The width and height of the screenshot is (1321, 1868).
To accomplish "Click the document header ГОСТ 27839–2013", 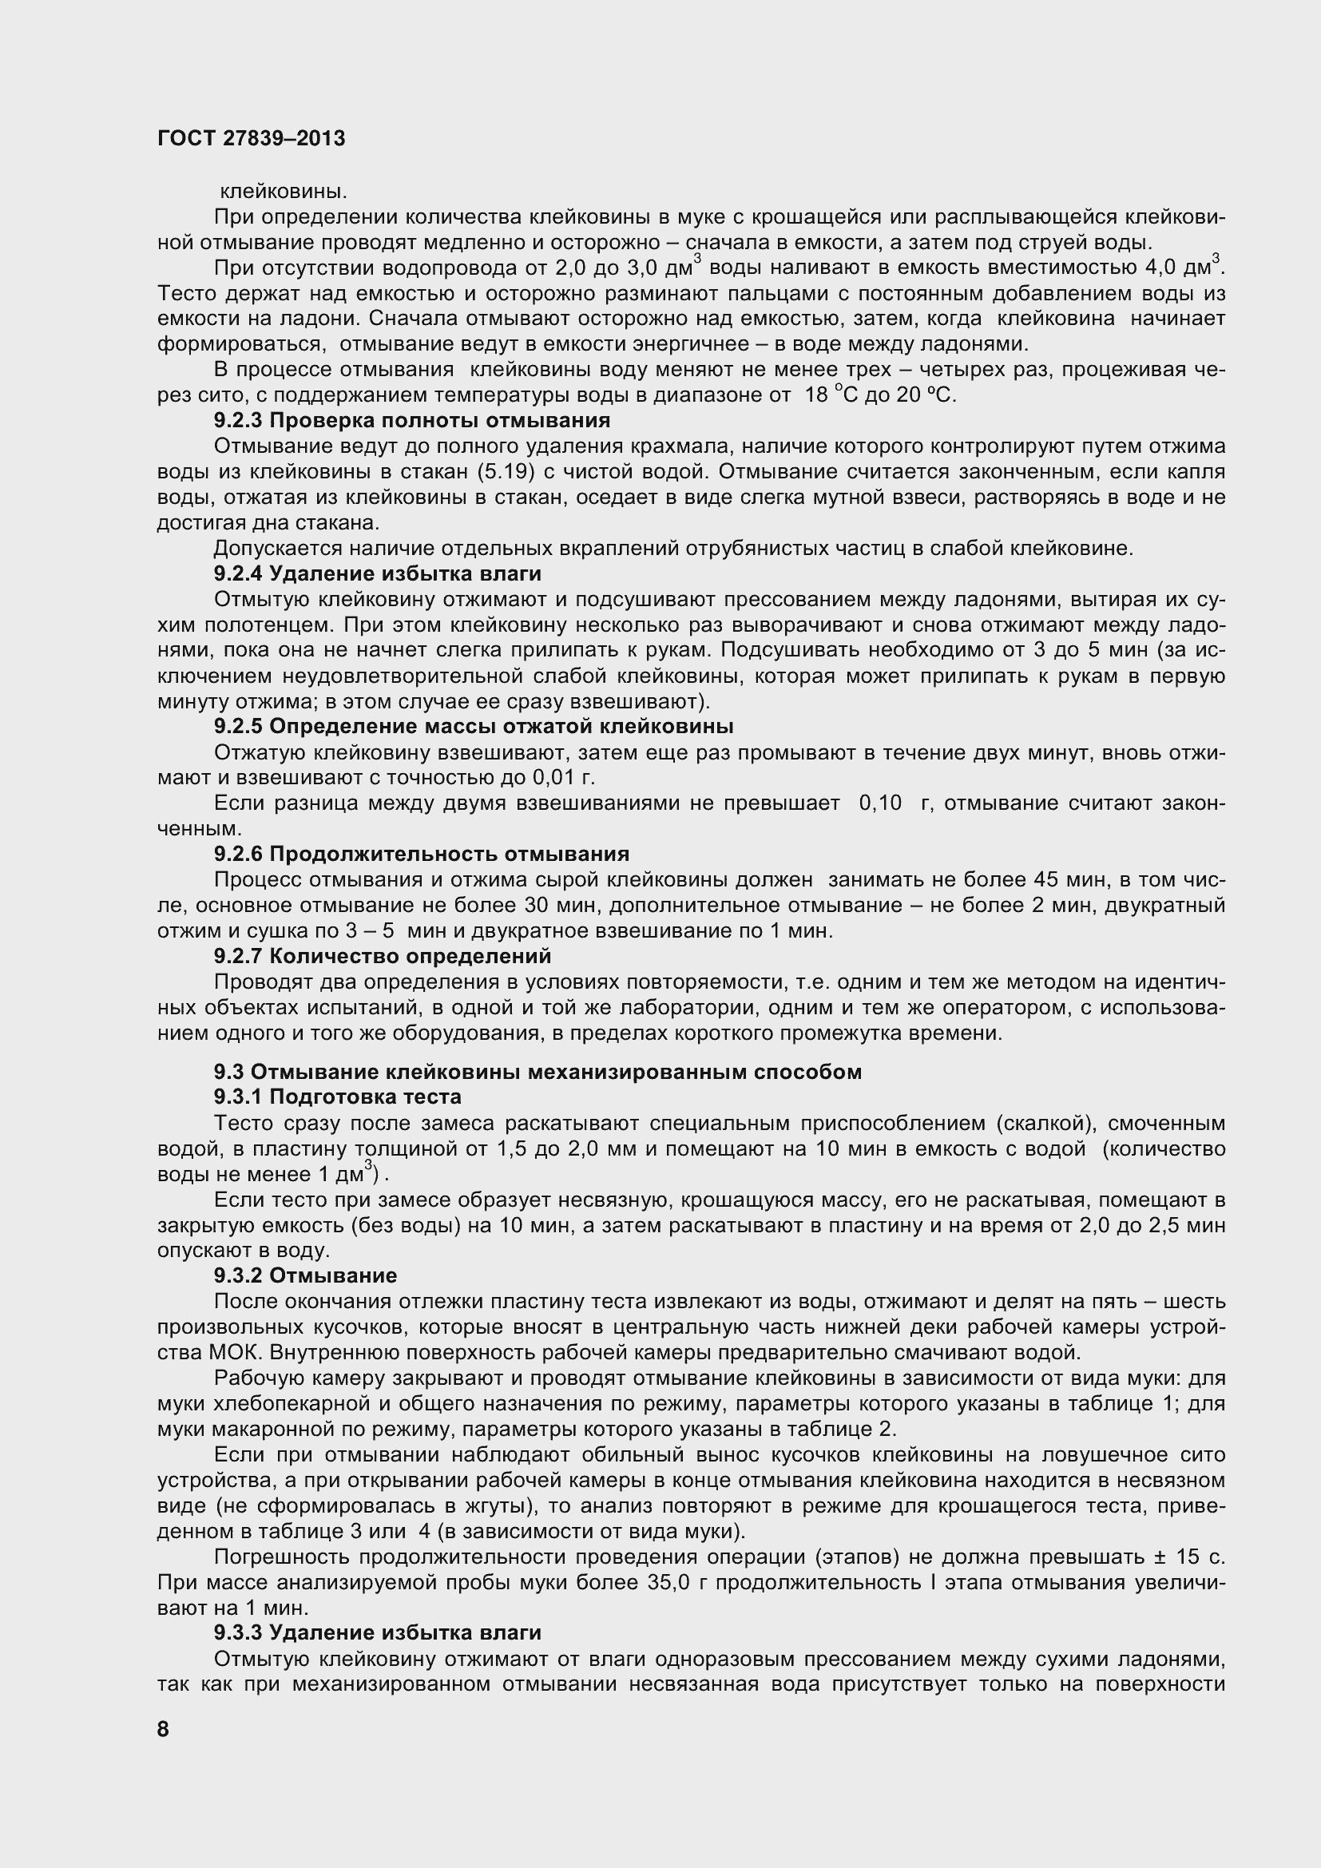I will (x=251, y=138).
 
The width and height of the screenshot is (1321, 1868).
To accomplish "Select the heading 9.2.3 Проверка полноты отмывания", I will (x=411, y=421).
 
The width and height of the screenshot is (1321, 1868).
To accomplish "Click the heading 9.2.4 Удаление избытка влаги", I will (x=378, y=573).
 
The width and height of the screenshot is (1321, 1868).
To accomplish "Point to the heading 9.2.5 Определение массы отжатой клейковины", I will (x=474, y=726).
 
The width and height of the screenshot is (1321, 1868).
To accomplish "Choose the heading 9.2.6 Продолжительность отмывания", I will (x=422, y=854).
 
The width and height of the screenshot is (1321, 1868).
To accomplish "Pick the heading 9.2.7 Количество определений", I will (x=383, y=956).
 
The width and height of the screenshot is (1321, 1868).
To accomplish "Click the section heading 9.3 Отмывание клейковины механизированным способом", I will (x=538, y=1072).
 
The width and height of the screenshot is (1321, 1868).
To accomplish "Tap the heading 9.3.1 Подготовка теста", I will (x=338, y=1097).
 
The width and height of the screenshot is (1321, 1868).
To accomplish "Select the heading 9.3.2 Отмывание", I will (x=305, y=1275).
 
